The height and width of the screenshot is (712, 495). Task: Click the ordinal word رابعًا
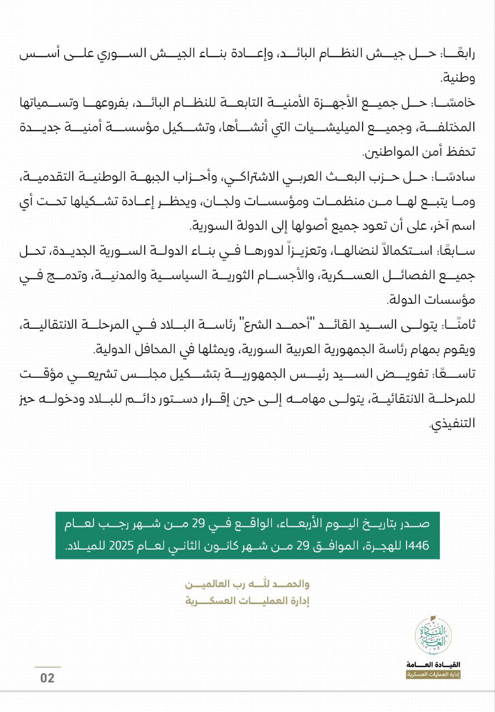click(459, 55)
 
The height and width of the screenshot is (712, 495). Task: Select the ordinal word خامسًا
click(454, 102)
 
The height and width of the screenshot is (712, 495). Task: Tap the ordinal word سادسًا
click(456, 176)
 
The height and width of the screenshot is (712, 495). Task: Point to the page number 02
click(47, 678)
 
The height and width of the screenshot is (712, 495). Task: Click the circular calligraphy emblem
click(433, 636)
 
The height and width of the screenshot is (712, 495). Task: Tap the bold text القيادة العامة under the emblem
click(433, 665)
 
